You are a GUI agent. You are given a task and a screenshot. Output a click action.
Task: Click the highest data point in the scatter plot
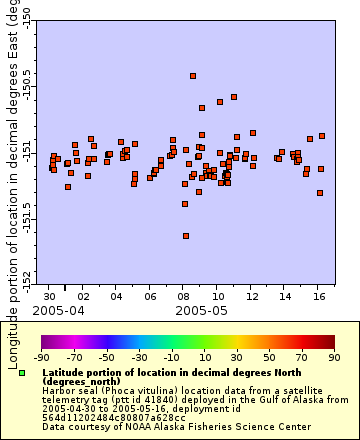[x=193, y=76]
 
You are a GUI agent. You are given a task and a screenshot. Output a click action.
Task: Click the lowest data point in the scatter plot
[x=186, y=236]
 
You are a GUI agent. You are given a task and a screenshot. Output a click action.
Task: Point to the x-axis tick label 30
[x=50, y=297]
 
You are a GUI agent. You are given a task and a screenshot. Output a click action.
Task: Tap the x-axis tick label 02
[x=83, y=297]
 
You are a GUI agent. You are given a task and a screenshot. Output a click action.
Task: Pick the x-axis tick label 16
[x=318, y=297]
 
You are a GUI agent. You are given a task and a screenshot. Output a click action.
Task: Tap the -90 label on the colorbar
[x=41, y=356]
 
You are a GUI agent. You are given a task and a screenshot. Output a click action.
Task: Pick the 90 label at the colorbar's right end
[x=333, y=356]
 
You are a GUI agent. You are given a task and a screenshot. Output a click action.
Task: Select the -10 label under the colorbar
[x=171, y=356]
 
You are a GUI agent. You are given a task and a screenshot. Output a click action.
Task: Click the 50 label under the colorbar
[x=269, y=356]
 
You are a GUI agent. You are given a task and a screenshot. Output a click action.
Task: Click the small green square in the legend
[x=22, y=373]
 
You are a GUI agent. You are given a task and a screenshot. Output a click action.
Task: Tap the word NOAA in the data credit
[x=111, y=427]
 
